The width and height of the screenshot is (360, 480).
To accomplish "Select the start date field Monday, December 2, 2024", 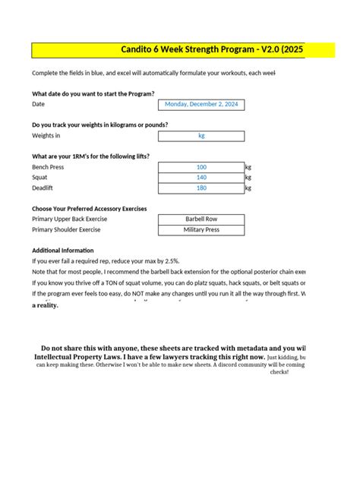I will pos(201,104).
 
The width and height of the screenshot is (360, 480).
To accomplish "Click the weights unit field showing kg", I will pos(201,136).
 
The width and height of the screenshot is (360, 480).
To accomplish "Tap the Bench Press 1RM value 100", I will pos(201,167).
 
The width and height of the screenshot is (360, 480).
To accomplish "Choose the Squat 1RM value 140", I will pos(201,177).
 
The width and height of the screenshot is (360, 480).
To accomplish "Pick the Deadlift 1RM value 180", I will pos(201,188).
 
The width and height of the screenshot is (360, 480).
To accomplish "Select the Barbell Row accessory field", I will pos(201,219).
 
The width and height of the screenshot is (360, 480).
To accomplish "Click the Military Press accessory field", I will pos(201,229).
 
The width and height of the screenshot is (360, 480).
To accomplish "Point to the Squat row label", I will pos(41,177).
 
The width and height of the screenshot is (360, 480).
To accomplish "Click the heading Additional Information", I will pos(63,250).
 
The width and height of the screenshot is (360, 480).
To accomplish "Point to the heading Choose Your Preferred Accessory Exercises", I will pos(90,208).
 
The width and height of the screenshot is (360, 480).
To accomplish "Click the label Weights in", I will pos(46,136).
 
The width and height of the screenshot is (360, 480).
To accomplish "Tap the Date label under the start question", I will pos(39,104).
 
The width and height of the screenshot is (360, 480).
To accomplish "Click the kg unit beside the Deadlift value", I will pos(248,188).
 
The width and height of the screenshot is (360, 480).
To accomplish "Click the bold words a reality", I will pos(45,305).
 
